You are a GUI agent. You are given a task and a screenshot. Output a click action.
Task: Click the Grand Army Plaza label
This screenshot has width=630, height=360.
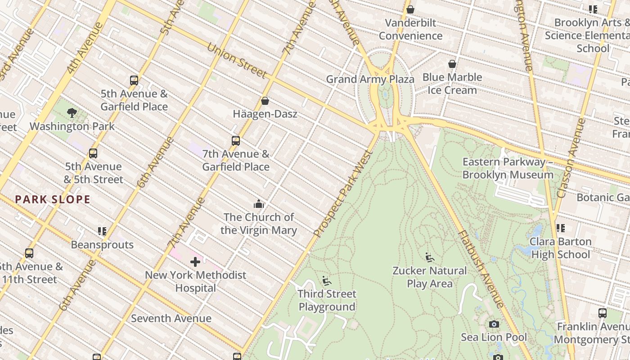[370, 80]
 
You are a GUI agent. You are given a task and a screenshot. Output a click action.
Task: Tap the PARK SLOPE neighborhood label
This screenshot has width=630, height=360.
[53, 199]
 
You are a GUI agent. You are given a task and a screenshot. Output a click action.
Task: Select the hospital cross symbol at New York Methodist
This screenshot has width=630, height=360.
[195, 262]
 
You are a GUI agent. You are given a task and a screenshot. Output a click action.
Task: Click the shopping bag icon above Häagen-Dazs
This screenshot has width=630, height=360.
[265, 101]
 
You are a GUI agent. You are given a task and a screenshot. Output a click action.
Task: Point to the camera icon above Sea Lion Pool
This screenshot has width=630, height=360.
[494, 324]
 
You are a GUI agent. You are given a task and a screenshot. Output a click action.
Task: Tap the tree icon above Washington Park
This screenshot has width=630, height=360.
[72, 113]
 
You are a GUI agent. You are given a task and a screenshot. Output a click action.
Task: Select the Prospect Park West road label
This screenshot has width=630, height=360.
[343, 194]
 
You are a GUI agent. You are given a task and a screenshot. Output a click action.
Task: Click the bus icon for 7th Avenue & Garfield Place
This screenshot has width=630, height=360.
[235, 141]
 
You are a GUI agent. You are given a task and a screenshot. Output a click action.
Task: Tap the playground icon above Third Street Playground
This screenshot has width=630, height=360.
[327, 281]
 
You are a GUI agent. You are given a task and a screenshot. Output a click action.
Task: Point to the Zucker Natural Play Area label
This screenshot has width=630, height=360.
[430, 277]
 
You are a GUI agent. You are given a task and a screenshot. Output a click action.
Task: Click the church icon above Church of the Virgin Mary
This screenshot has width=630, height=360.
[258, 204]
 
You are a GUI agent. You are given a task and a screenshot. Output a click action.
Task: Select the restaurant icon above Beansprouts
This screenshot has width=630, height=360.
[102, 231]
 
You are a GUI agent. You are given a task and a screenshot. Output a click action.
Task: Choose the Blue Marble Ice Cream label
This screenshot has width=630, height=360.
[452, 84]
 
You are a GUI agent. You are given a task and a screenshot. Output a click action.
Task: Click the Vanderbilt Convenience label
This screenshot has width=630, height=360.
[410, 29]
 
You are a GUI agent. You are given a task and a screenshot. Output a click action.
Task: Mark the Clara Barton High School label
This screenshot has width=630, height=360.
[560, 248]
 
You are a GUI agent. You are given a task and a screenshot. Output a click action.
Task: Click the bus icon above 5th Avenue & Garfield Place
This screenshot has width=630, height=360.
[134, 81]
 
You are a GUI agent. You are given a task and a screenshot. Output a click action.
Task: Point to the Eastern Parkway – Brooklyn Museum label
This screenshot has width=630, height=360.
[508, 168]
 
